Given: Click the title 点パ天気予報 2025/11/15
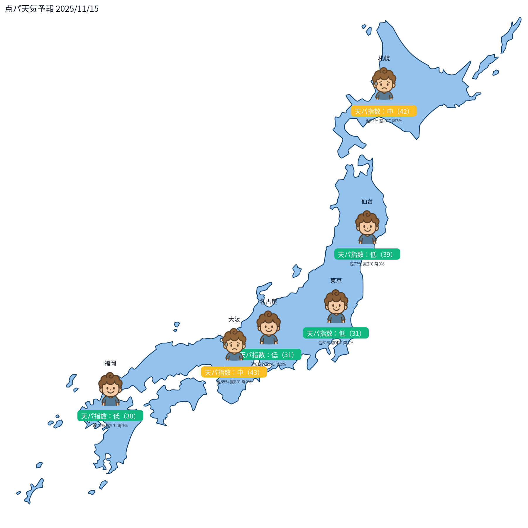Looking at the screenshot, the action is tap(52, 9).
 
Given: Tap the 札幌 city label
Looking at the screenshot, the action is tap(384, 58).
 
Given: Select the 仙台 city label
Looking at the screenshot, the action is tap(367, 202).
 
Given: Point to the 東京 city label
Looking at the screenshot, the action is tap(336, 281).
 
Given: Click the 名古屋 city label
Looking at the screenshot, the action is tap(268, 302).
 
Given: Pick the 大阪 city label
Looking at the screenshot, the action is tap(234, 319).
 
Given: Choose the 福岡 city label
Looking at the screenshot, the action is tap(110, 363).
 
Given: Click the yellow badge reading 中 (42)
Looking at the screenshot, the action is tap(384, 111).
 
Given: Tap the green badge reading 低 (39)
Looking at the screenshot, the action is tap(367, 254).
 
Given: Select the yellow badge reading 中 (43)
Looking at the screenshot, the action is tap(234, 372).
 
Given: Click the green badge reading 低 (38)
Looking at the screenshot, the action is tap(110, 416).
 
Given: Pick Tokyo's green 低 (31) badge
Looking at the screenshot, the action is tap(336, 333).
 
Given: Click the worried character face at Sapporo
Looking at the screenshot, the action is tap(384, 84).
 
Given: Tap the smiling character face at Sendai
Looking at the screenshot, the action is tap(367, 227).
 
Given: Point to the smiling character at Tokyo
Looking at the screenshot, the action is tap(336, 306).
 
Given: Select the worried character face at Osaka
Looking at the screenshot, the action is tap(234, 344).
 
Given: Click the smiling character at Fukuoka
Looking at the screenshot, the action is tap(110, 389).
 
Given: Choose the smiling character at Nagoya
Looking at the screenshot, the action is tap(269, 327).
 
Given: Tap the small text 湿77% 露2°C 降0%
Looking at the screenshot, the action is tap(367, 264).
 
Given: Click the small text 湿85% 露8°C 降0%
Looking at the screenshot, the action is tap(234, 382).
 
